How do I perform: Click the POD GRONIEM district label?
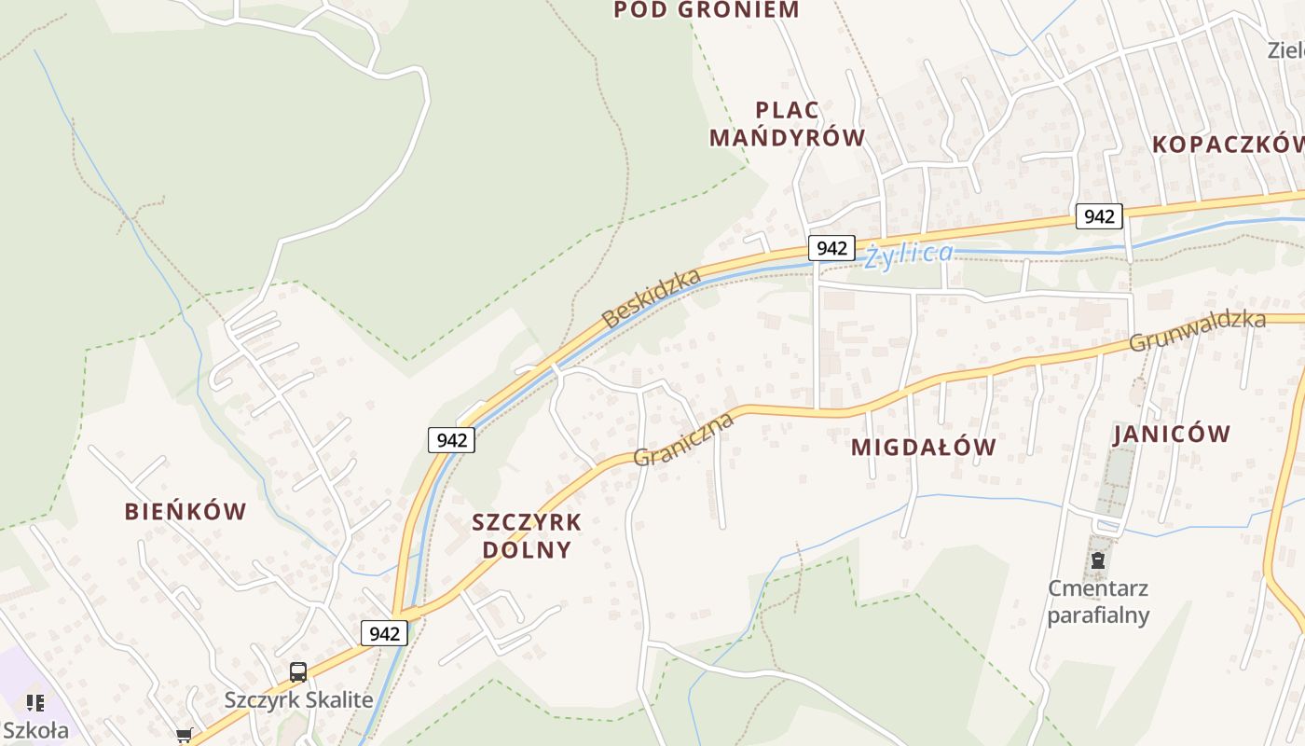click(707, 10)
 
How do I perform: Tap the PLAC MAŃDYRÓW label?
click(787, 124)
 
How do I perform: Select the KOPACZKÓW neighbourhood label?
click(1228, 145)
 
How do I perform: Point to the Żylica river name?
click(909, 254)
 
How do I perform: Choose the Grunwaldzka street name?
click(1197, 331)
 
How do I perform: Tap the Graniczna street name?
click(683, 439)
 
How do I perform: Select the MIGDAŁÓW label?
click(923, 448)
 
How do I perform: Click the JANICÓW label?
click(1172, 434)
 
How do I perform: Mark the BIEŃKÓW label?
click(185, 511)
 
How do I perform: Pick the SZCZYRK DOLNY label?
click(527, 535)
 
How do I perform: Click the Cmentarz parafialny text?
click(1098, 601)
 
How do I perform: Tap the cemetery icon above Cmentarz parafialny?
click(1098, 560)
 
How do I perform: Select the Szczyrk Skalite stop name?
click(298, 699)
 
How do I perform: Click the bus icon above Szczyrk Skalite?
click(298, 671)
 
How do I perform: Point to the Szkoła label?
click(34, 729)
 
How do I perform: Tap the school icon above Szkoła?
click(34, 702)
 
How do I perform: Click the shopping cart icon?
click(184, 736)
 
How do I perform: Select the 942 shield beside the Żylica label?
click(831, 247)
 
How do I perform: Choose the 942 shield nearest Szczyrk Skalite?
click(384, 633)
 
